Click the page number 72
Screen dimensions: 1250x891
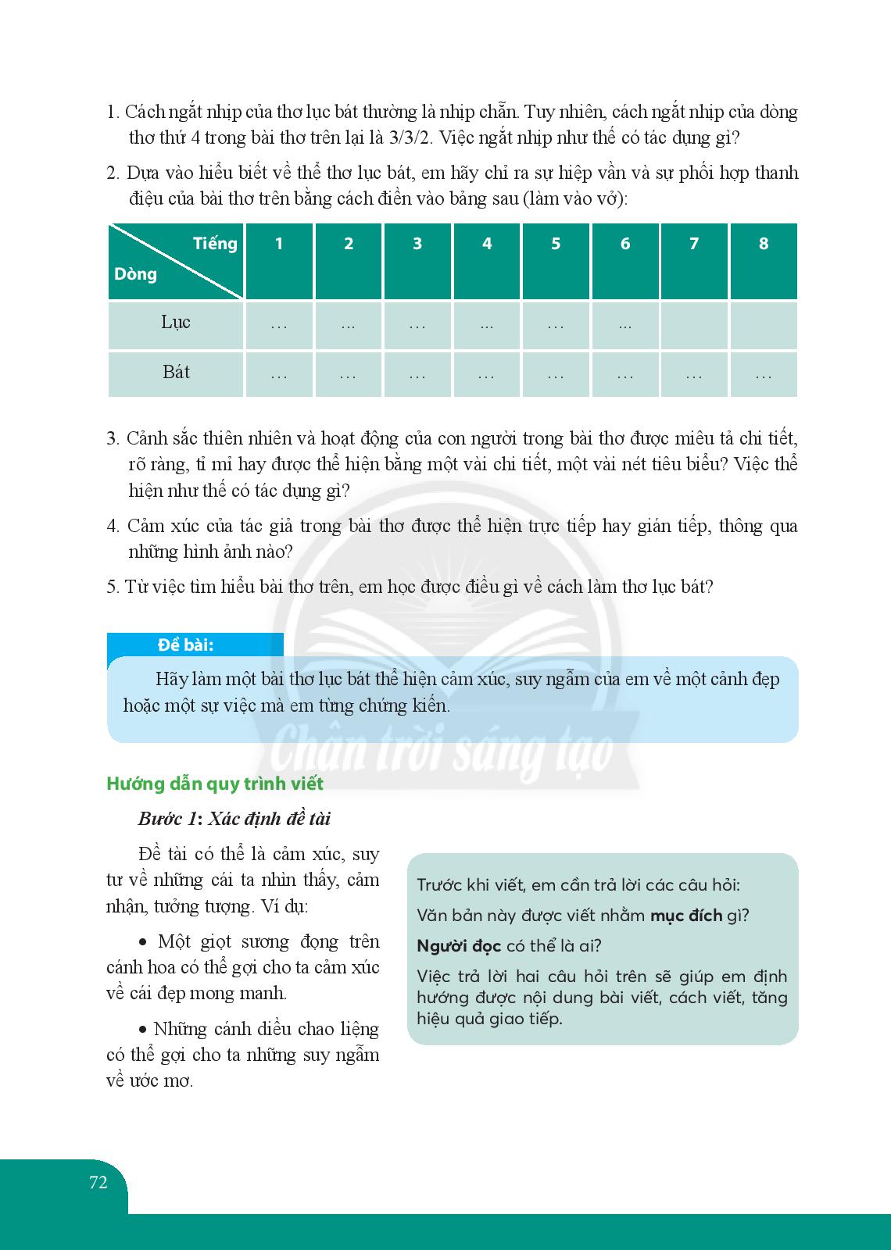pyautogui.click(x=98, y=1182)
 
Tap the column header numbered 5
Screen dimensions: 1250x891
pyautogui.click(x=556, y=244)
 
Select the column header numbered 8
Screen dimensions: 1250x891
pyautogui.click(x=764, y=244)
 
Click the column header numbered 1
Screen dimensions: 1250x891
pyautogui.click(x=279, y=244)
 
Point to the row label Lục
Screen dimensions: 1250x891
pyautogui.click(x=176, y=323)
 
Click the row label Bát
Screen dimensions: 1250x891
pyautogui.click(x=176, y=373)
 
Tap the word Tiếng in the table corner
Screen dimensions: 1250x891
pyautogui.click(x=215, y=244)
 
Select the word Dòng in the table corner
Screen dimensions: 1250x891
pyautogui.click(x=136, y=274)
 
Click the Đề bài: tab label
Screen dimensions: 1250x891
pyautogui.click(x=185, y=645)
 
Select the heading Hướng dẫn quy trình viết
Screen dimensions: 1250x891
pyautogui.click(x=215, y=784)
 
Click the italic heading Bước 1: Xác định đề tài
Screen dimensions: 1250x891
pyautogui.click(x=234, y=819)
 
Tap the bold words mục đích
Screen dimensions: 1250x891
pyautogui.click(x=686, y=916)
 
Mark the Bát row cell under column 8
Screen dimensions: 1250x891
pyautogui.click(x=764, y=375)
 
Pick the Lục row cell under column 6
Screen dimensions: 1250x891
pyautogui.click(x=625, y=325)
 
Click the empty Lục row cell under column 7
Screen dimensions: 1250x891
pyautogui.click(x=694, y=325)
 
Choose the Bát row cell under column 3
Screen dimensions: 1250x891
pyautogui.click(x=417, y=375)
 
